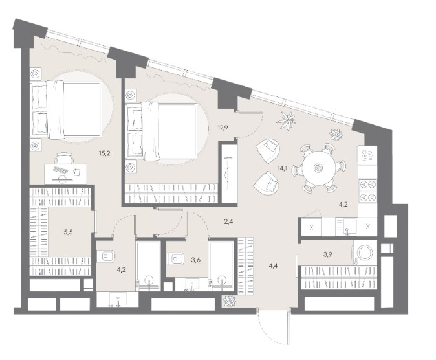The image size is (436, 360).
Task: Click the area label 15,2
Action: point(105,153)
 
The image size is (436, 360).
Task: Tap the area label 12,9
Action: point(223,128)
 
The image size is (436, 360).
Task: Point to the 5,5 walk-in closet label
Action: point(68,232)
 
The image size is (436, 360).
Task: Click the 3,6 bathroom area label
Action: point(196,260)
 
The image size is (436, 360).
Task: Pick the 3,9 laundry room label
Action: point(327,254)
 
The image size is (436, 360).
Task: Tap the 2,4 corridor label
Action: point(228,221)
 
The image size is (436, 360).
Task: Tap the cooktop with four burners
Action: point(367,190)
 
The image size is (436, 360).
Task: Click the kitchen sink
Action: point(347,226)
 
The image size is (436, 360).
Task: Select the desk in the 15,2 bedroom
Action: point(66,174)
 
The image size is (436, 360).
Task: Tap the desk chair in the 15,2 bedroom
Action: point(65,158)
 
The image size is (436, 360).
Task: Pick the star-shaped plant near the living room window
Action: point(286,120)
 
